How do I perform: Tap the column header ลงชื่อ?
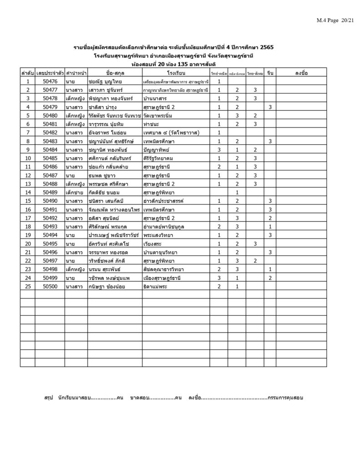[x=301, y=73]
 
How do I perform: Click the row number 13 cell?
[x=27, y=184]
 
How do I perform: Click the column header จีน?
[x=270, y=73]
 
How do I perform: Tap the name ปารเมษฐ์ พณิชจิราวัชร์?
[x=114, y=235]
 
